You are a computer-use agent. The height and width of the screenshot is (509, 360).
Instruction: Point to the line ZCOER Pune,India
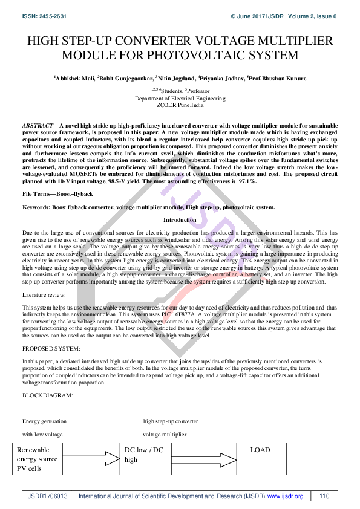click(180, 105)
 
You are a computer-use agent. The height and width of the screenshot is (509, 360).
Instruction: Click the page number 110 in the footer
click(324, 496)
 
